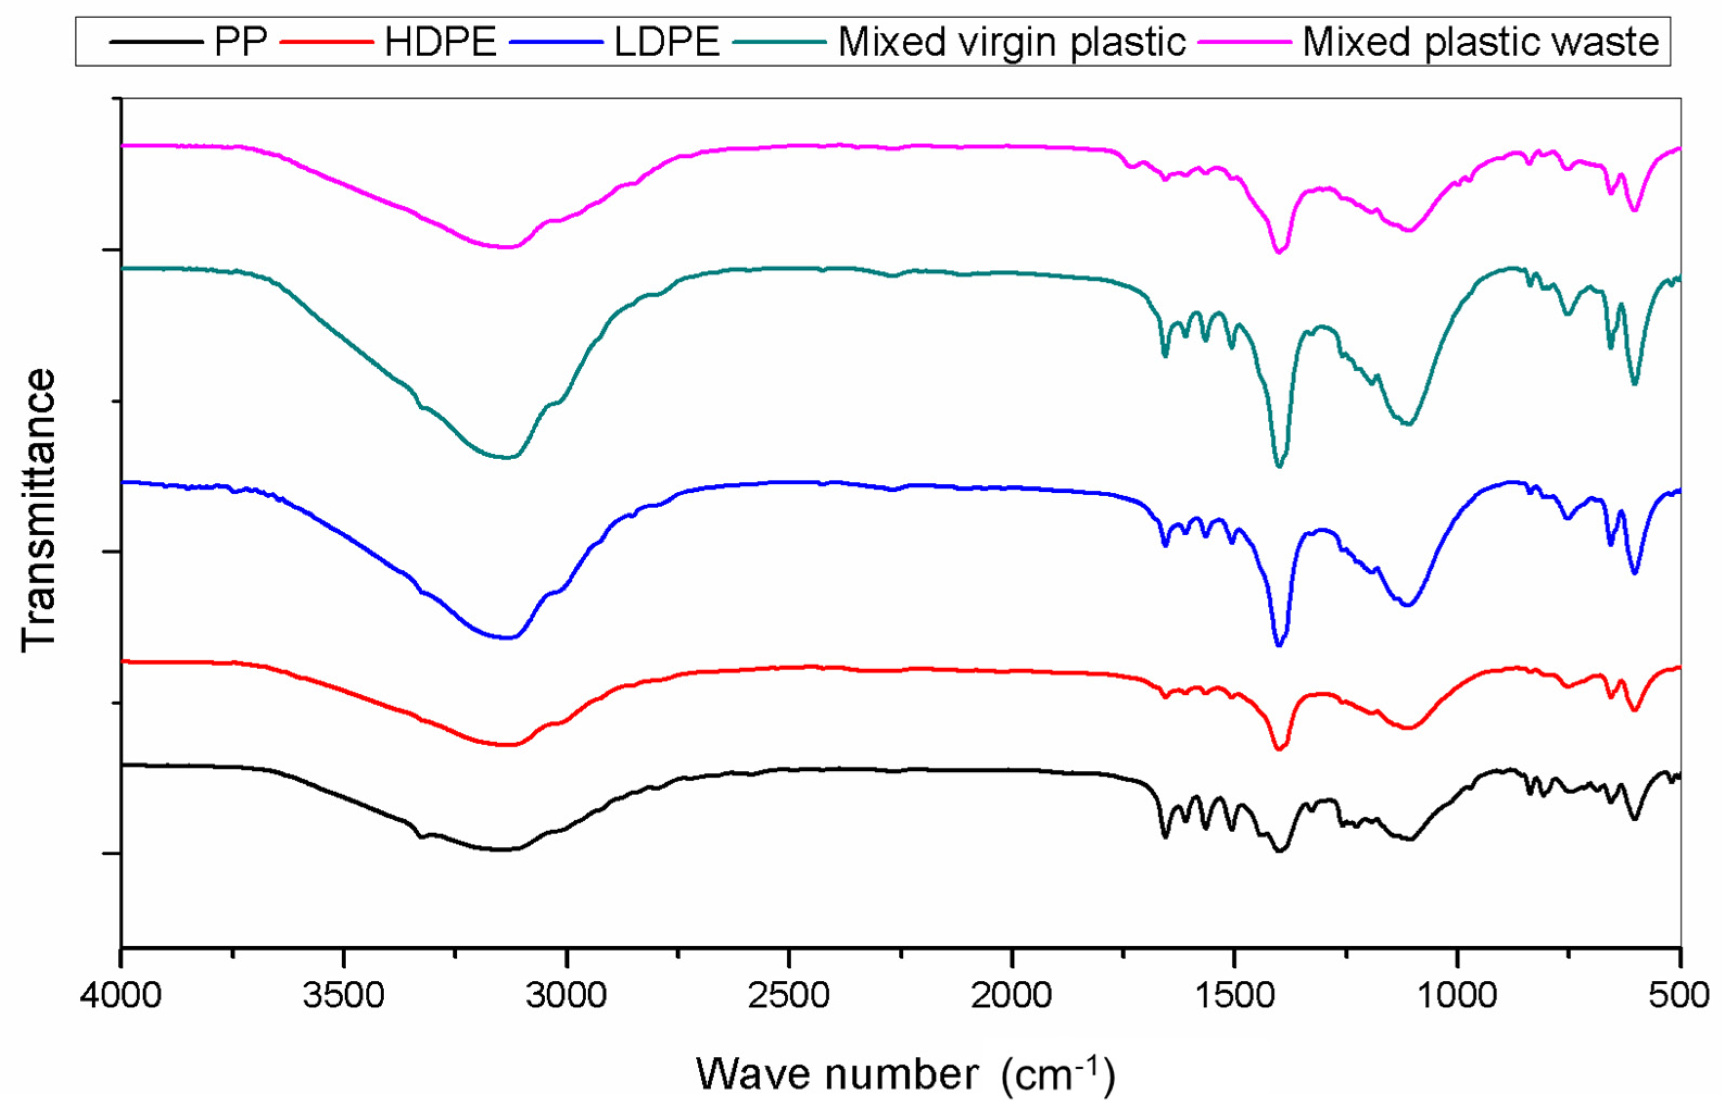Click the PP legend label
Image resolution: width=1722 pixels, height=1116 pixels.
point(240,42)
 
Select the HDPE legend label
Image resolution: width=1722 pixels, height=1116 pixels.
point(441,42)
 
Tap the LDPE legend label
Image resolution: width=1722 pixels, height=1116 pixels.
point(666,42)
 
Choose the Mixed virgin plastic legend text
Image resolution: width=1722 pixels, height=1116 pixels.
point(1012,42)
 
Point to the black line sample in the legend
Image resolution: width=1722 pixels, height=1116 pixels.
point(156,42)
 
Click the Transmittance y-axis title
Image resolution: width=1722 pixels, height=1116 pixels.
point(37,511)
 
